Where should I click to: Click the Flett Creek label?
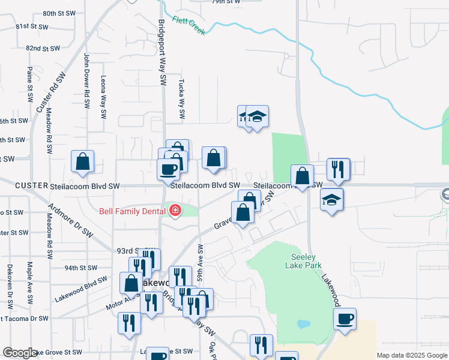tap(189, 25)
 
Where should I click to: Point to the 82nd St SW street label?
tap(43, 48)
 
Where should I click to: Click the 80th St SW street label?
tap(58, 13)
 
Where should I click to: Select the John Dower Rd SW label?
tap(86, 80)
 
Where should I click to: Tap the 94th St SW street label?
tap(81, 268)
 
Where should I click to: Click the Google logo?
tap(20, 353)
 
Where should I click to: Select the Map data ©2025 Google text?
tap(411, 355)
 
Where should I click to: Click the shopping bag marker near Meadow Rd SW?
tap(83, 161)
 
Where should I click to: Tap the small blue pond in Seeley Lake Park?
tap(303, 324)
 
